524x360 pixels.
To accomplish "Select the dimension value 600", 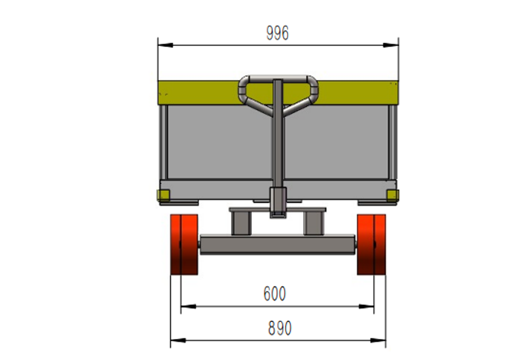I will [x=274, y=294].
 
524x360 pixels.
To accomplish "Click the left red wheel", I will [x=184, y=245].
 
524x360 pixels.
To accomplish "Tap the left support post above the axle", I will [x=240, y=223].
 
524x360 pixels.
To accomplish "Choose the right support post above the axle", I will [x=314, y=223].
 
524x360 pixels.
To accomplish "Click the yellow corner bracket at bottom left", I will [x=162, y=194].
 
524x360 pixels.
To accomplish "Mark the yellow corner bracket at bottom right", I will [x=392, y=194].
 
